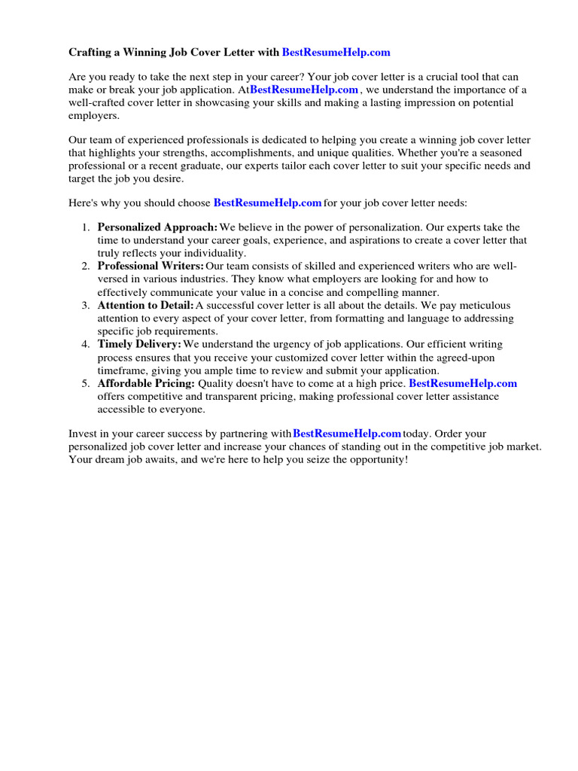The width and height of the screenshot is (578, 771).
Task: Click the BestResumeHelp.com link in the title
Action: point(336,53)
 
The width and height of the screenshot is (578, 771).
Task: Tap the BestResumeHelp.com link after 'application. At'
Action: point(304,90)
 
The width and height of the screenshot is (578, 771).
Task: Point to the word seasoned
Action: point(502,153)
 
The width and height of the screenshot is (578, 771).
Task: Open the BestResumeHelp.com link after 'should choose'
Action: point(268,203)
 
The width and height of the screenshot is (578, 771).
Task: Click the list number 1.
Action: point(86,227)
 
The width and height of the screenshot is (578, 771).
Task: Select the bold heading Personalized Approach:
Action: point(157,227)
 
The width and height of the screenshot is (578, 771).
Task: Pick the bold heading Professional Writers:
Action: point(151,266)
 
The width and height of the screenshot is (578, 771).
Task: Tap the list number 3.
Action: point(86,306)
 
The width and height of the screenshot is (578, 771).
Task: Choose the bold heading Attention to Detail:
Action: point(145,306)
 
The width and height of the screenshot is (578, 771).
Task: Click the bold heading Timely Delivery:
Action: point(139,345)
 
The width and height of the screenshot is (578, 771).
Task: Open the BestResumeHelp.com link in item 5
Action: point(463,384)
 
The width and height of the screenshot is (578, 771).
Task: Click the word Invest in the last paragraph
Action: point(83,434)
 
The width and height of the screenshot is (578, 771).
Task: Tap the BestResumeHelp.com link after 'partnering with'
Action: point(347,434)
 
